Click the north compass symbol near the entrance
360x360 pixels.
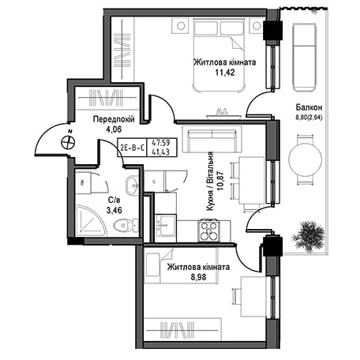tap(68, 142)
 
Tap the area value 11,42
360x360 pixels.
tap(225, 73)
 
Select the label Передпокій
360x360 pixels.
tap(114, 119)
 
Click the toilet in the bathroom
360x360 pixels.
tap(126, 225)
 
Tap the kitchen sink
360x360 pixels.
tap(165, 225)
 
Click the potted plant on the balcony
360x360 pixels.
tap(309, 237)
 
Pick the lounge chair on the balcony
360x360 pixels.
tap(304, 57)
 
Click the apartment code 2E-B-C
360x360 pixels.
tap(132, 148)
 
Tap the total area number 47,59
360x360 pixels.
tap(161, 143)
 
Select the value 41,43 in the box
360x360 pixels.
tap(161, 152)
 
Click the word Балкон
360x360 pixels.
tap(309, 107)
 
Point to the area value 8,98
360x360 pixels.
tap(197, 277)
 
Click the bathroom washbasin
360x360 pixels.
tap(132, 185)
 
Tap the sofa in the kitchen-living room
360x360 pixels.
tap(212, 139)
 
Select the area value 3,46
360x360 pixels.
tap(114, 210)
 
